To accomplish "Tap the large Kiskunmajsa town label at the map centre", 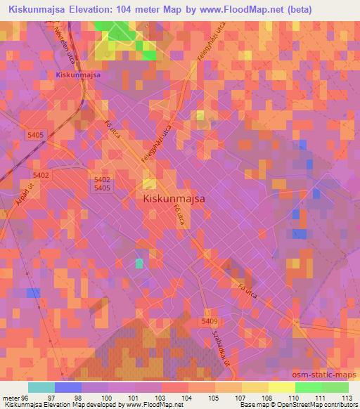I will click(174, 199).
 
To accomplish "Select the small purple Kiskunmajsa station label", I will click(78, 74).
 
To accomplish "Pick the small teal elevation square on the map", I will click(139, 263).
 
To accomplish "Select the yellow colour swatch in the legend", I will click(281, 387).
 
